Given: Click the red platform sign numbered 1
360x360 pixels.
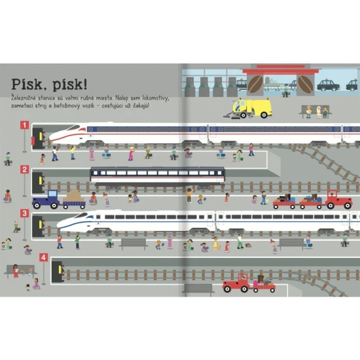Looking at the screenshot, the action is coord(25,125).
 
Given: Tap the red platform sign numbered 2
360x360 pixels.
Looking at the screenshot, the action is coord(25,170).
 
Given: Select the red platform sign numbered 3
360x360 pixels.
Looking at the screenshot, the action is coord(25,213).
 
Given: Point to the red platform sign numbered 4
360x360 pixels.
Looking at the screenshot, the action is coord(44,257).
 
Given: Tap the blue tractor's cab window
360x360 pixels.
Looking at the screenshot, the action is coord(52,194).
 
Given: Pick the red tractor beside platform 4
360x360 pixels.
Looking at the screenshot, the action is coord(236,283).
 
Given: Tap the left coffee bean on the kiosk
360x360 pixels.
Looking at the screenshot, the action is coord(256,84).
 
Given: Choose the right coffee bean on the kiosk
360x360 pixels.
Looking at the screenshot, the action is coord(306,84).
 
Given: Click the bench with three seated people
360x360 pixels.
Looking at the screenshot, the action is coord(315,111).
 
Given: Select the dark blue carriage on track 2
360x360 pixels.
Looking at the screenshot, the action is coord(158,176).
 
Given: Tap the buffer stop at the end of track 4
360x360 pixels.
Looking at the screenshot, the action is coord(58,272).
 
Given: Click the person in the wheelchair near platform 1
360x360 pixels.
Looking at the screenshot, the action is coord(189,153).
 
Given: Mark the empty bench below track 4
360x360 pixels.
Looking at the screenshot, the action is coord(198,290).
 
